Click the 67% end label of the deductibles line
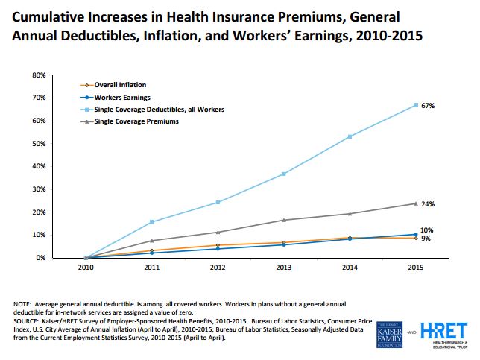tap(427, 106)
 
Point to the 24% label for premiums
tap(427, 204)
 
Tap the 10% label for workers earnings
tap(427, 230)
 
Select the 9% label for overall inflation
tap(426, 239)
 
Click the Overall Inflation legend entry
tap(113, 84)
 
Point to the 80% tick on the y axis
tap(60, 75)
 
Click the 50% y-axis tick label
tap(60, 144)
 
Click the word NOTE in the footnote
tap(23, 304)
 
